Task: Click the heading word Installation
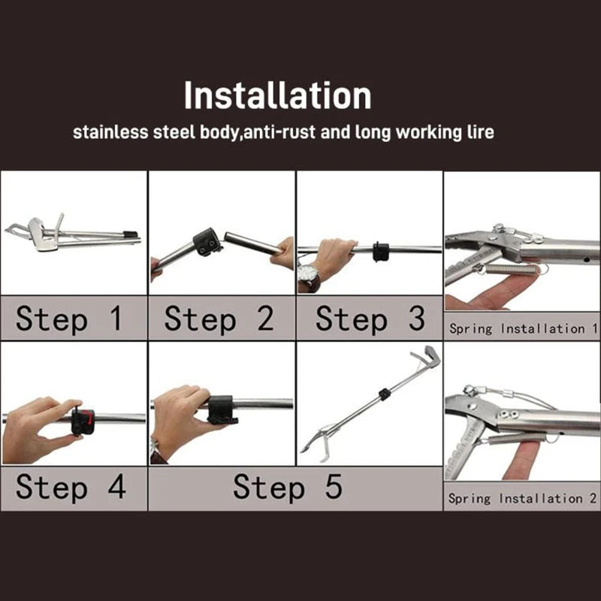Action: pos(277,97)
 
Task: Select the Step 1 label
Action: pos(68,319)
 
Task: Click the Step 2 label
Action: pos(219,319)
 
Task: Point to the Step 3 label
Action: pos(370,319)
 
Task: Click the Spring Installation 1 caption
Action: pos(523,328)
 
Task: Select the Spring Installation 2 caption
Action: pos(523,497)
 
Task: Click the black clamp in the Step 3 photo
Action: pos(381,250)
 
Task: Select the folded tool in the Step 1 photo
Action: pos(68,234)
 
